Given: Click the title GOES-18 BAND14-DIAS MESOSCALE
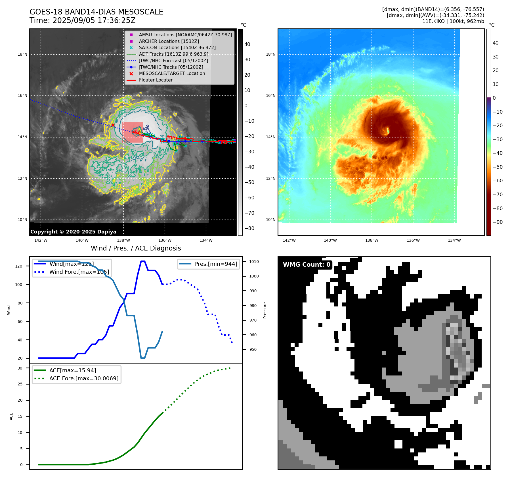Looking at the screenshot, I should point(96,12).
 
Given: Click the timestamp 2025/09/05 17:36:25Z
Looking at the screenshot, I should point(94,20).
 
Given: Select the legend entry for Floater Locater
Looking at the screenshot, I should point(156,80).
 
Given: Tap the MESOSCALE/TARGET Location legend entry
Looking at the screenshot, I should point(172,74).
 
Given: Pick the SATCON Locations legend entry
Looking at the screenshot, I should point(177,48).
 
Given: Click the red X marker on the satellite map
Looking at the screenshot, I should point(113,125).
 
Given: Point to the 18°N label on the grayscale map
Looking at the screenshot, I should point(22,55).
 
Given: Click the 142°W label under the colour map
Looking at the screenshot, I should point(289,240).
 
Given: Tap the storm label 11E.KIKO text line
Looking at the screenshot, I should point(453,21).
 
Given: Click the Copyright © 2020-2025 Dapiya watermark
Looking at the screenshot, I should point(73,232).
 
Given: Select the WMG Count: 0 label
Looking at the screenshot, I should point(307,265).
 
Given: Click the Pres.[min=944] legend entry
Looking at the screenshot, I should point(216,264).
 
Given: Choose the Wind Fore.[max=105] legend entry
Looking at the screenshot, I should point(79,272).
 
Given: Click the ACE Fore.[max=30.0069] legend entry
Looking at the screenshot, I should point(84,379).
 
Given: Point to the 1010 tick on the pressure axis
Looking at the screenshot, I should point(254,262).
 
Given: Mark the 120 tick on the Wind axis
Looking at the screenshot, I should point(18,266).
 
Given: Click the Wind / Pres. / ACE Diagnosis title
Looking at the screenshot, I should point(136,248).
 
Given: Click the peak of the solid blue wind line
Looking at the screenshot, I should point(143,261).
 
